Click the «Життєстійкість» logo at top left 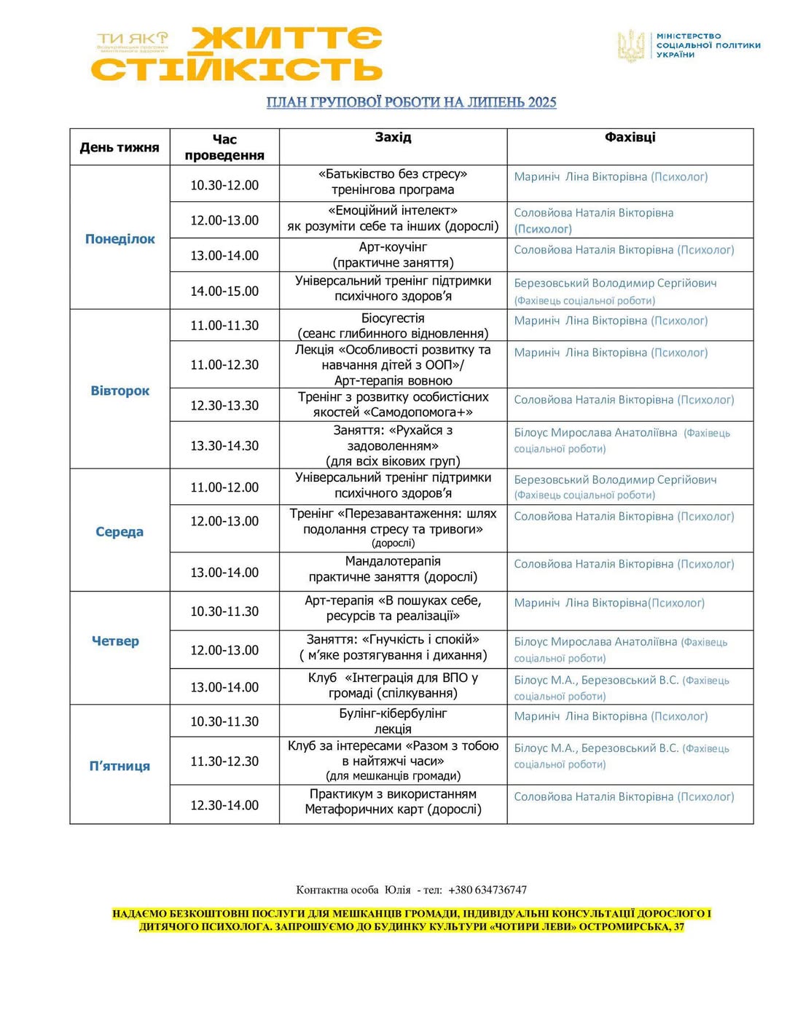coord(237,54)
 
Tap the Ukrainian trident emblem coord(631,45)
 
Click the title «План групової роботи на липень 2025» coord(411,102)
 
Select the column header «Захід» coord(393,137)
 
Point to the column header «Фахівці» coord(630,137)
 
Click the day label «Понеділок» coord(120,239)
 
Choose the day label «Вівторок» coord(120,391)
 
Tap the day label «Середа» coord(120,532)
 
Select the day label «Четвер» coord(115,641)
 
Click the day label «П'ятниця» coord(120,766)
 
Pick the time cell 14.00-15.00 coord(224,291)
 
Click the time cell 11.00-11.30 coord(224,326)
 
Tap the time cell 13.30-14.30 coord(224,445)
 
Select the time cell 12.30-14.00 coord(224,805)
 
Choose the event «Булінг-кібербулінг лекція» coord(393,721)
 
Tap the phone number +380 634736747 coord(488,890)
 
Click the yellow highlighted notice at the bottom coord(412,920)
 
